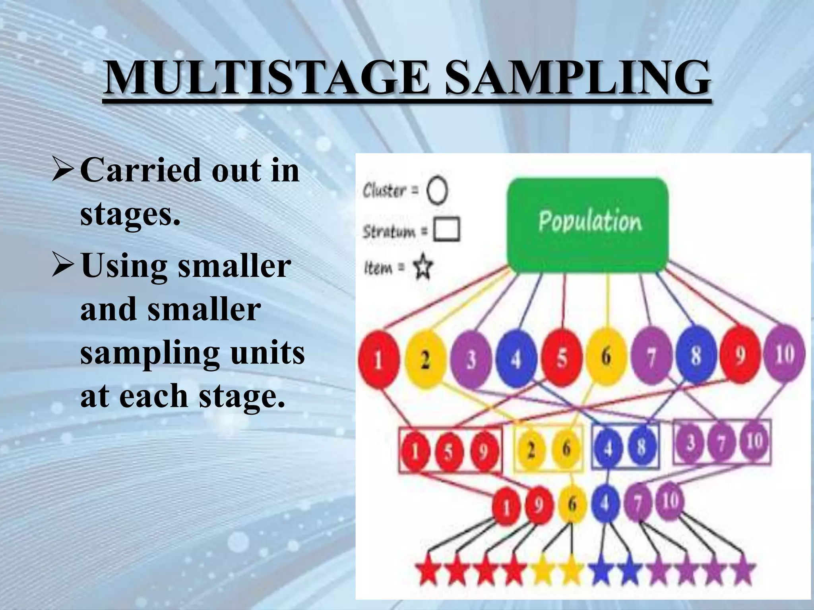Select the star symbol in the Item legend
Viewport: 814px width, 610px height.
[423, 267]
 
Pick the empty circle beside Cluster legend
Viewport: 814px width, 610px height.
[437, 191]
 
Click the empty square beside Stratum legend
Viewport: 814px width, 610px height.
[447, 229]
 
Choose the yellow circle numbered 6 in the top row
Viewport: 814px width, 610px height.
[606, 356]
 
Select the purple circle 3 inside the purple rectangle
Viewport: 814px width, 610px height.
[691, 442]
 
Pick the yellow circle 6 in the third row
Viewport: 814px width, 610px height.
[572, 504]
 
